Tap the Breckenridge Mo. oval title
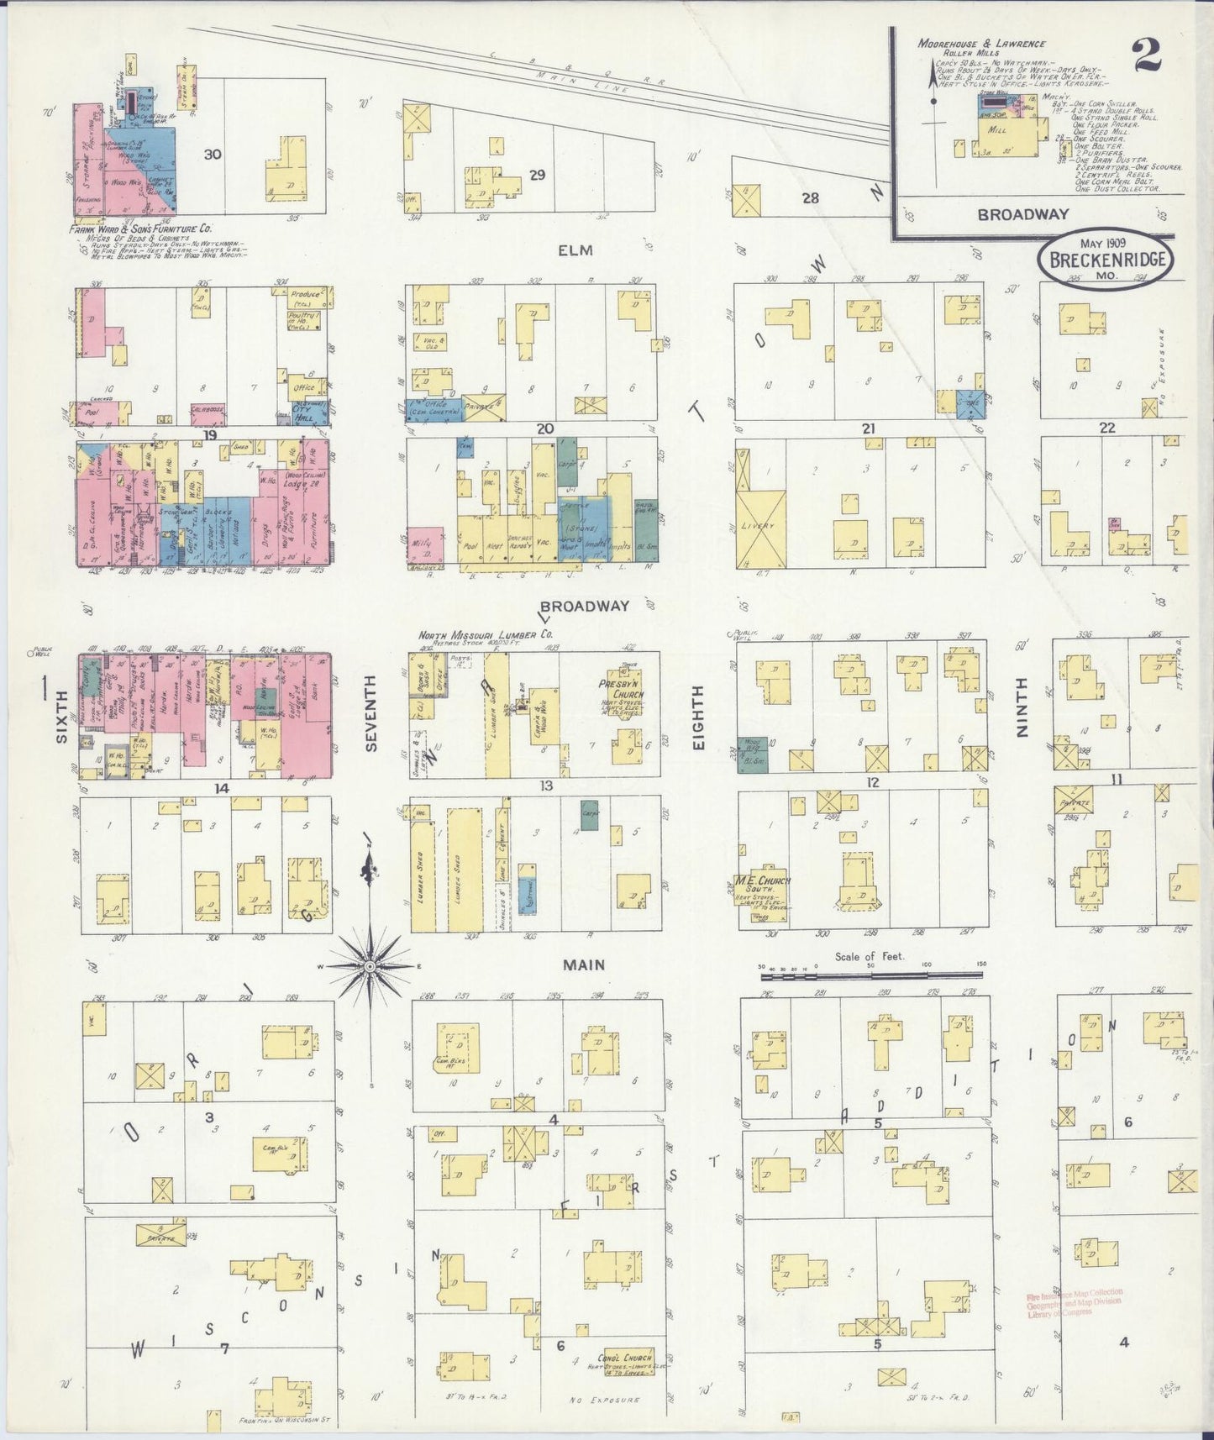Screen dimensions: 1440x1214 click(x=1106, y=260)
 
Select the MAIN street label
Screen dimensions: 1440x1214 click(x=584, y=965)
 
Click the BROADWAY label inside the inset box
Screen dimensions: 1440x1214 click(x=1011, y=214)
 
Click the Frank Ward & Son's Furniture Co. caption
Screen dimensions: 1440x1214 click(x=140, y=227)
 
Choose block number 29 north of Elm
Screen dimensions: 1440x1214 click(x=537, y=175)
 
